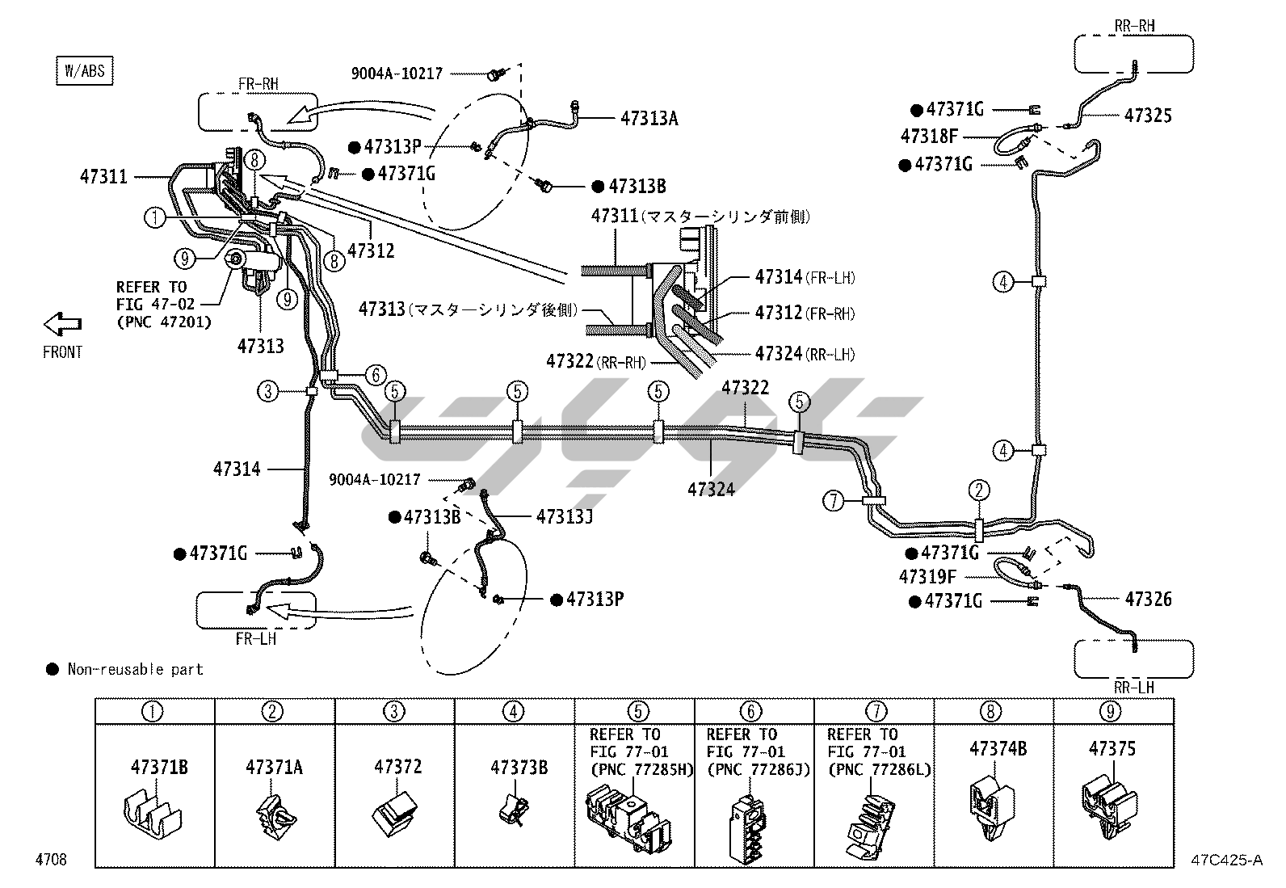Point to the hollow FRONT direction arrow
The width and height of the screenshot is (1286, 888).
coord(62,325)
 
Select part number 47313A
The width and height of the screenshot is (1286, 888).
coord(649,119)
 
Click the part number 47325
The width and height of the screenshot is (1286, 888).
coord(1147,116)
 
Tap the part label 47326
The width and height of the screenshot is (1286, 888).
coord(1148,600)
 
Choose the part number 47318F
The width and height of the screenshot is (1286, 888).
coord(929,137)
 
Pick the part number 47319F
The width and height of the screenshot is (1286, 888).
coord(927,577)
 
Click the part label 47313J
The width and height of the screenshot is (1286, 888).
coord(564,516)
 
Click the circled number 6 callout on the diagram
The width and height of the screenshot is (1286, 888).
coord(376,375)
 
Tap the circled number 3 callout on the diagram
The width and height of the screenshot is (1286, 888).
coord(268,392)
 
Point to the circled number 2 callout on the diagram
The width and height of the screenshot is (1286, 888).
coord(979,490)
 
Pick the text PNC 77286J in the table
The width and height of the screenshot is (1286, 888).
coord(758,770)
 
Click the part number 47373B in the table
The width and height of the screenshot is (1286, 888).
coord(519,767)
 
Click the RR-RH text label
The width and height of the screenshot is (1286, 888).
coord(1134,26)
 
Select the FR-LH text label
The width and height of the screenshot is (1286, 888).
coord(256,638)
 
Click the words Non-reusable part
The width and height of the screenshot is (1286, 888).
coord(135,669)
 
